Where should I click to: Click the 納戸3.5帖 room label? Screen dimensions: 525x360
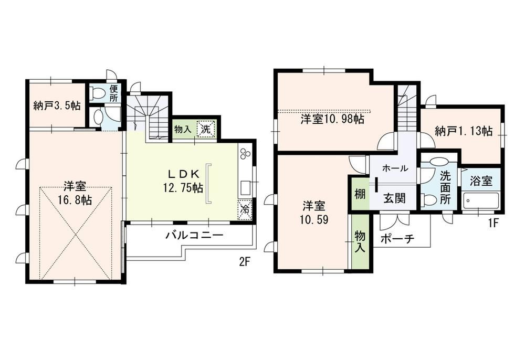click(x=57, y=105)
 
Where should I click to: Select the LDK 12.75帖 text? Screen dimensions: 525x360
click(x=183, y=181)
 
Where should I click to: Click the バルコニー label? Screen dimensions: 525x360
click(x=195, y=235)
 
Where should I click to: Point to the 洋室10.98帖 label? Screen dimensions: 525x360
click(x=332, y=119)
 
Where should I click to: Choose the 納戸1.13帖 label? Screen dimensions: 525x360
click(x=464, y=131)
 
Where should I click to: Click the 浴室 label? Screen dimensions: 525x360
click(x=481, y=181)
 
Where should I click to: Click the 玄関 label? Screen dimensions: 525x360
click(x=394, y=198)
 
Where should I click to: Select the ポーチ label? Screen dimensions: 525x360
click(x=398, y=239)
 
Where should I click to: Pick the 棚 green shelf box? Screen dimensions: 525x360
click(x=360, y=194)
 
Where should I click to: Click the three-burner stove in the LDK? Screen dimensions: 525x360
click(x=245, y=153)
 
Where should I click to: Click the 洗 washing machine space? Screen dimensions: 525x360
click(x=205, y=129)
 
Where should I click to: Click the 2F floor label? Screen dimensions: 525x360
click(x=245, y=262)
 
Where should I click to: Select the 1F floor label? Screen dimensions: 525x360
click(x=493, y=223)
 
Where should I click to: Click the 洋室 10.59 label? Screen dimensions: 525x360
click(x=314, y=213)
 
